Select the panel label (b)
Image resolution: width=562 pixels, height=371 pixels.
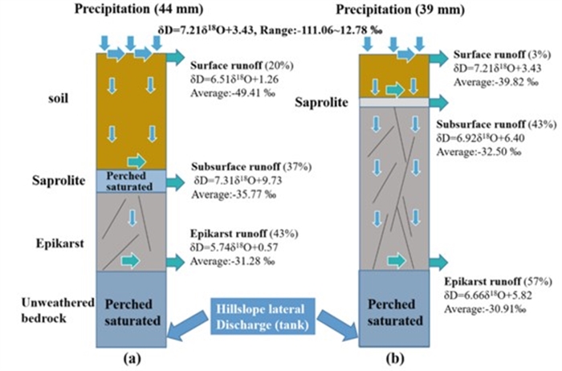(392, 357)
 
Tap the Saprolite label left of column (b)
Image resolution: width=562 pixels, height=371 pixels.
(319, 102)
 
